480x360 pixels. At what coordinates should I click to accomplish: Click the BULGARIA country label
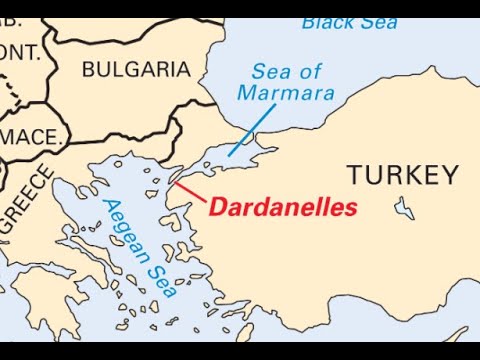pos(135,69)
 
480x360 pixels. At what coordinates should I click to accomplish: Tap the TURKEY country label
pos(402,176)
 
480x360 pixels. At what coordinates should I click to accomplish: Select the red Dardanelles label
pos(283,208)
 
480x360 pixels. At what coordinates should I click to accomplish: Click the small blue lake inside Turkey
pos(405,210)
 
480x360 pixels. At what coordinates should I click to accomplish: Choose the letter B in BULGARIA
pos(87,69)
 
